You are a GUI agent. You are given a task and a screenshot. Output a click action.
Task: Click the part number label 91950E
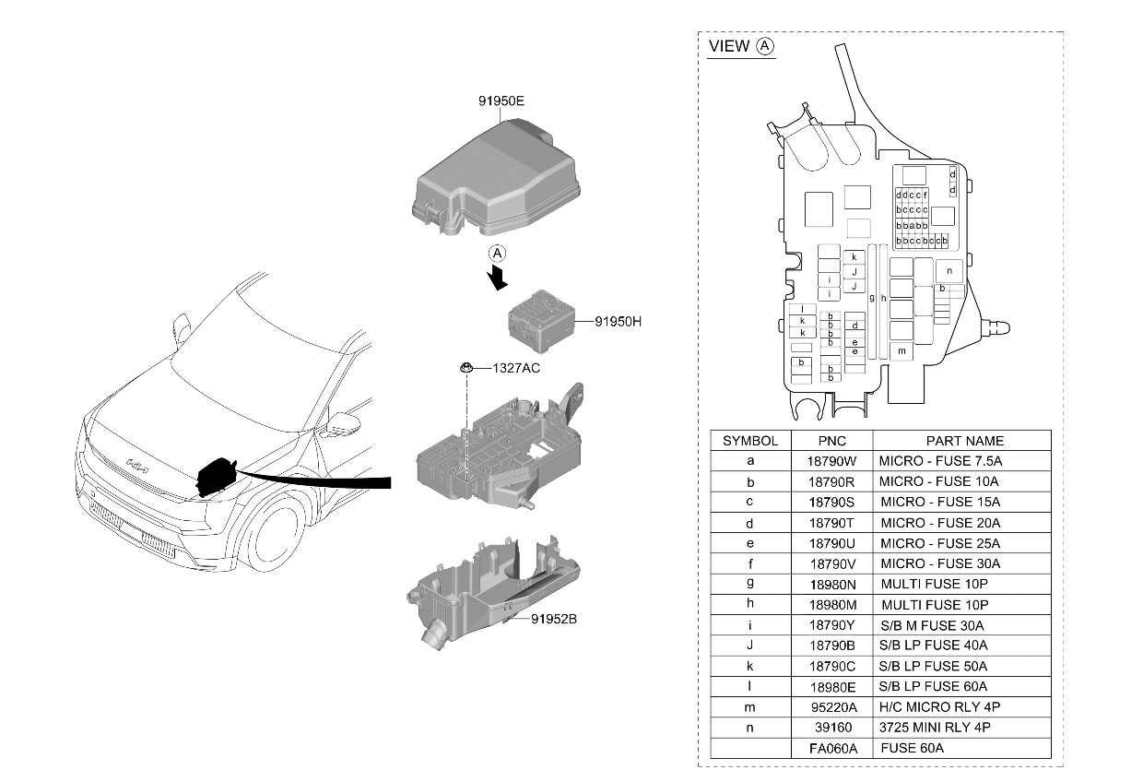point(501,101)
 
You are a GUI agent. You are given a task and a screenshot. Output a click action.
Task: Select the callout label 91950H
point(618,322)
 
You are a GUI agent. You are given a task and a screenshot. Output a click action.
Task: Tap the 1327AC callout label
point(516,368)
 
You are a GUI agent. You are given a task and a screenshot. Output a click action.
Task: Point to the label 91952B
point(554,619)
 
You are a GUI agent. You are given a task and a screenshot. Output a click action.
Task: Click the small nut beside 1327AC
point(465,367)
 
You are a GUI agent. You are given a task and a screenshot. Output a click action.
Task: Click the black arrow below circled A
point(497,278)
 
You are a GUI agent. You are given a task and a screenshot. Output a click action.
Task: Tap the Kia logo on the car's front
point(137,466)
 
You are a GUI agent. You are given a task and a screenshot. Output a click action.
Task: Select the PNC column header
point(831,441)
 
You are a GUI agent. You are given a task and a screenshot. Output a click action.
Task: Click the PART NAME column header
point(964,441)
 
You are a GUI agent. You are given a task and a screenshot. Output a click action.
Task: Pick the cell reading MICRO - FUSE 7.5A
point(940,461)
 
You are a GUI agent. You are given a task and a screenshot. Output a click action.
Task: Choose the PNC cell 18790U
point(831,544)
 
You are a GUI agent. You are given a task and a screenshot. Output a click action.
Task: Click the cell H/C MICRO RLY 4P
point(939,707)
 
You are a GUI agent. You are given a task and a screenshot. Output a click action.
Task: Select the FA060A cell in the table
point(832,748)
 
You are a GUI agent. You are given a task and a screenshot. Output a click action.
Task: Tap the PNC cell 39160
point(832,728)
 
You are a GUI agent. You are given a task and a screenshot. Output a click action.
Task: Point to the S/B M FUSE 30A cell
point(932,625)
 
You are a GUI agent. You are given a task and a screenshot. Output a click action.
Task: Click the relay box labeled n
point(949,271)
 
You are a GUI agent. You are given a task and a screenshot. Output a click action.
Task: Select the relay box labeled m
point(901,351)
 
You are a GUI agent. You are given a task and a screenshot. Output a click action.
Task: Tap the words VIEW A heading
point(741,46)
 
